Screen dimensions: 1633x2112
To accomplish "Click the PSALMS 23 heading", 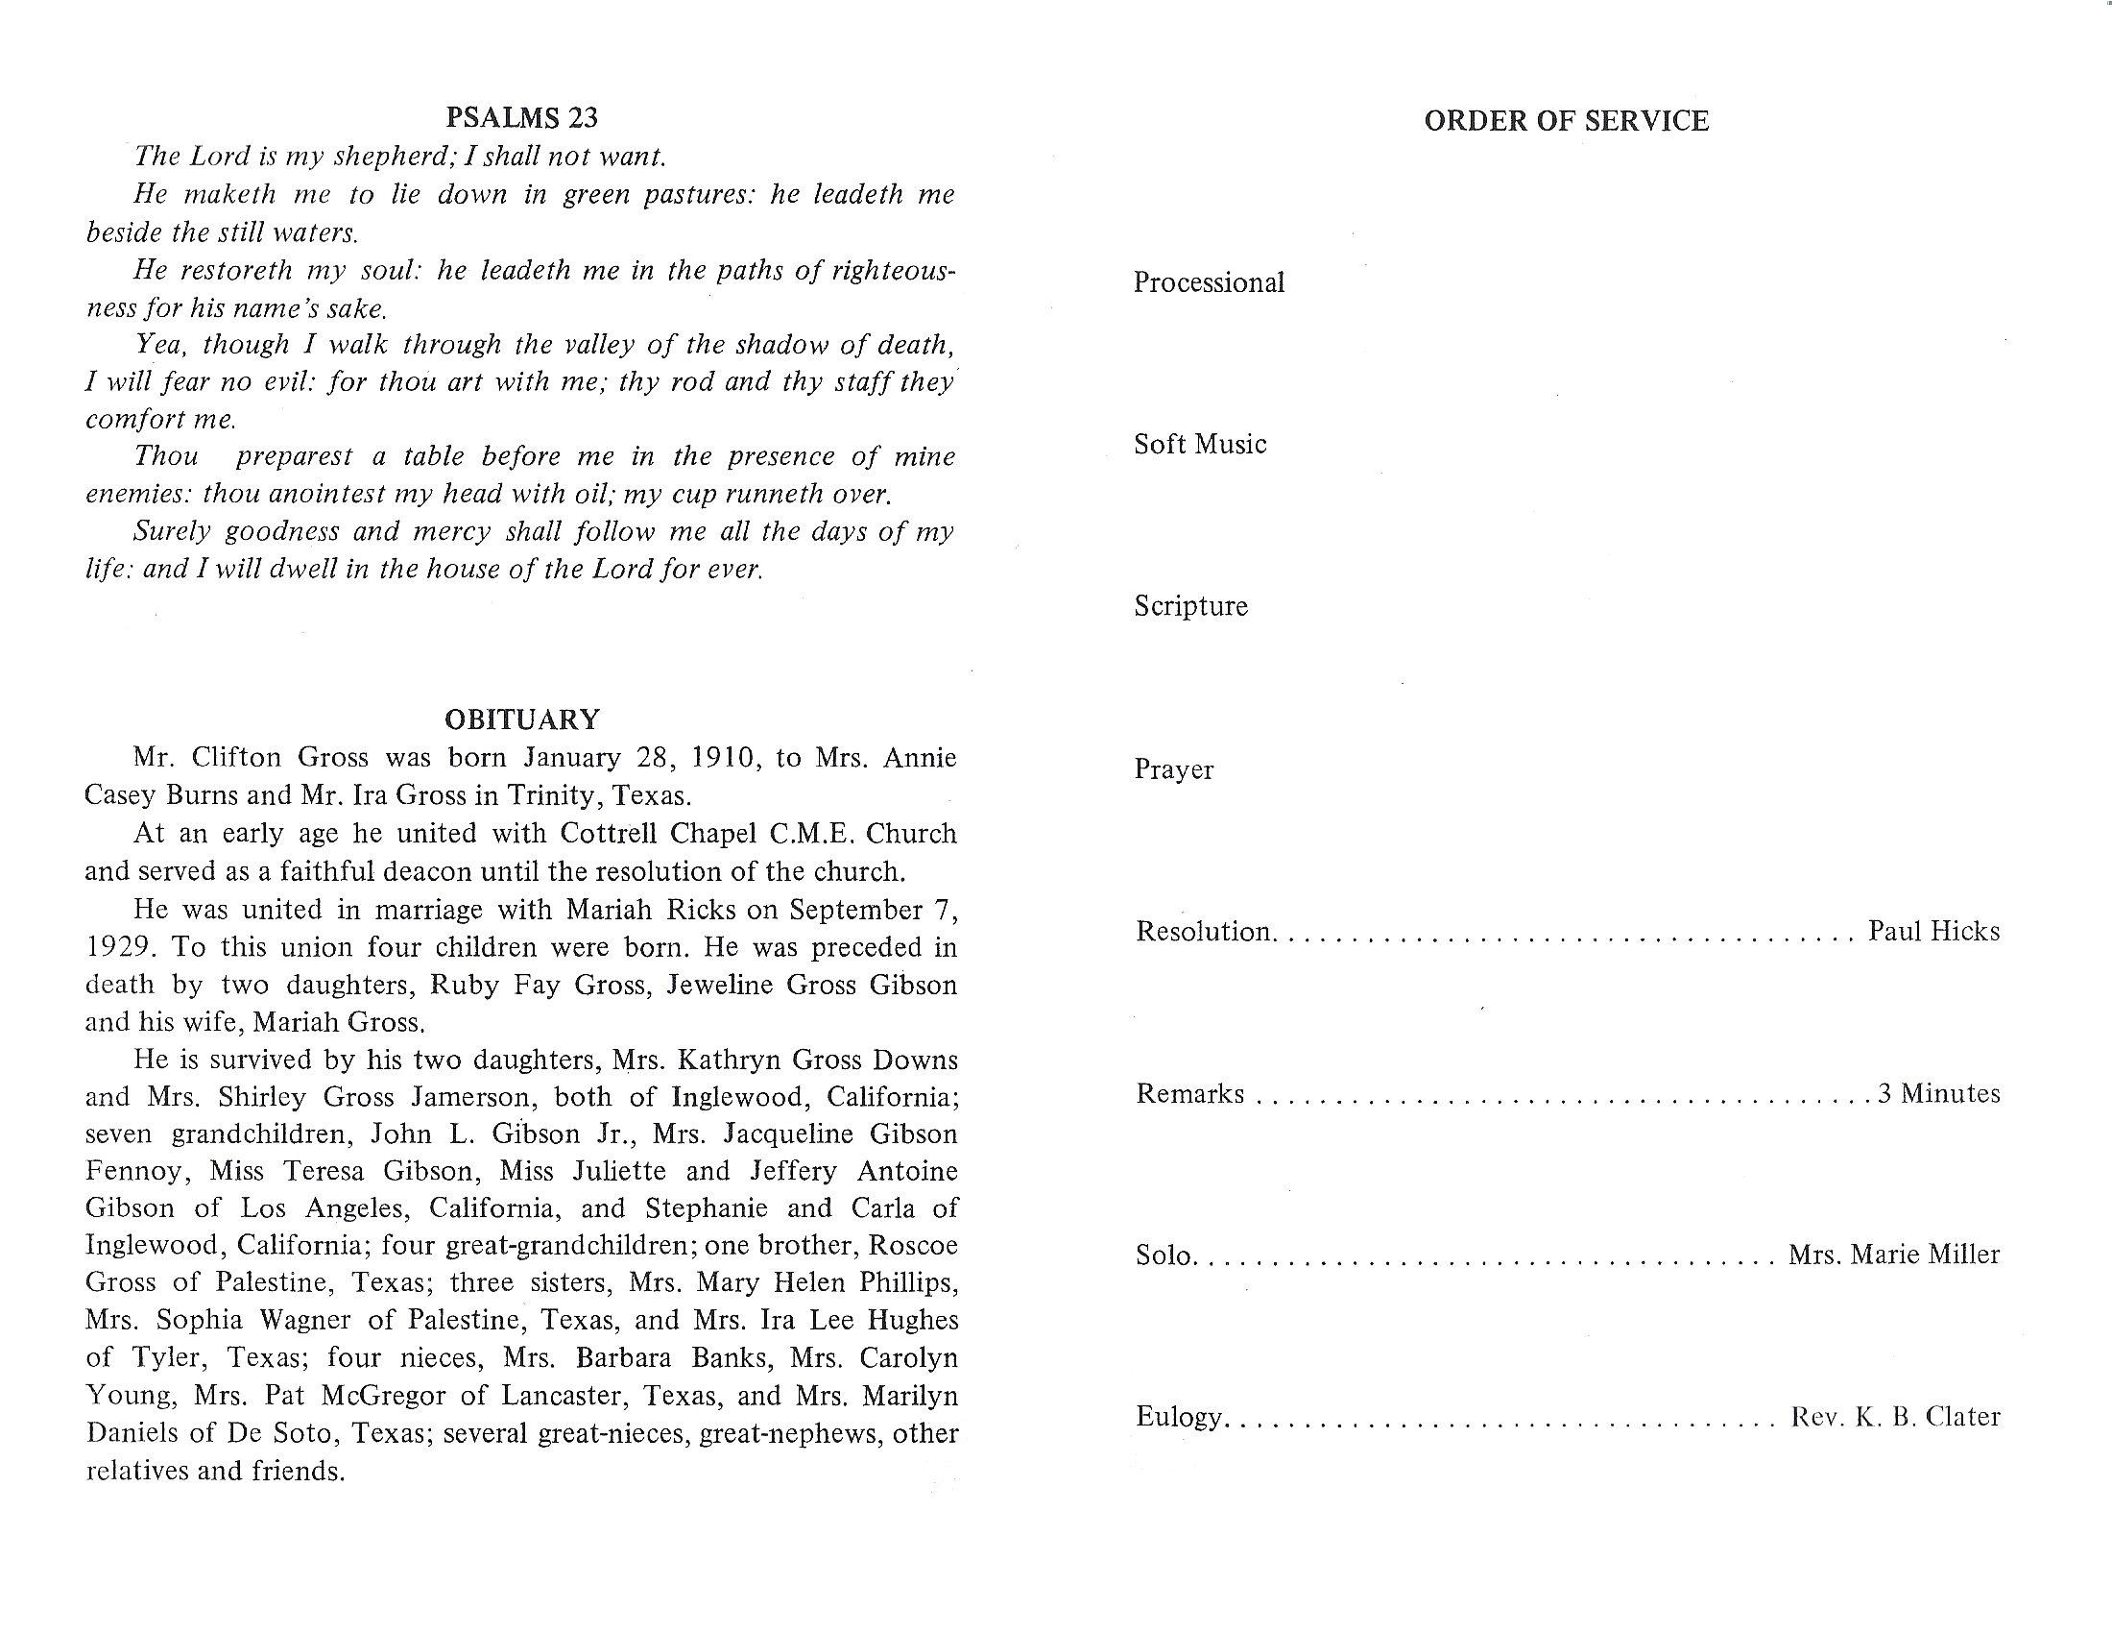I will click(x=521, y=118).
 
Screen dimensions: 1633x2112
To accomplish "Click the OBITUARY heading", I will click(x=522, y=719).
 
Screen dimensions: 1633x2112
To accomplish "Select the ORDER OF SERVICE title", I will click(x=1566, y=121).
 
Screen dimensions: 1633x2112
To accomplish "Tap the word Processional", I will click(x=1209, y=282).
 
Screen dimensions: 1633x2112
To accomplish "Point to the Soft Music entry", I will click(x=1200, y=444).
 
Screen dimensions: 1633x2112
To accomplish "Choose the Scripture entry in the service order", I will click(x=1190, y=606).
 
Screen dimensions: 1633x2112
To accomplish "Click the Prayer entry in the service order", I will click(x=1174, y=769).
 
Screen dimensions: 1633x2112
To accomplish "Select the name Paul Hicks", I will click(x=1933, y=931).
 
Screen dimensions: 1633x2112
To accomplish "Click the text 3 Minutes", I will click(x=1939, y=1093).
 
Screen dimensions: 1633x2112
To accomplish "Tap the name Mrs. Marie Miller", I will click(x=1893, y=1255).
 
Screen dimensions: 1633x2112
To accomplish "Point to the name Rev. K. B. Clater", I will click(x=1894, y=1417).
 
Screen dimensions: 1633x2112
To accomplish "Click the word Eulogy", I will click(x=1180, y=1417).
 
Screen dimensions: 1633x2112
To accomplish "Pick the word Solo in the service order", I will click(x=1164, y=1255).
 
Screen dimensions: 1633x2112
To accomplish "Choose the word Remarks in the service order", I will click(x=1189, y=1093).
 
